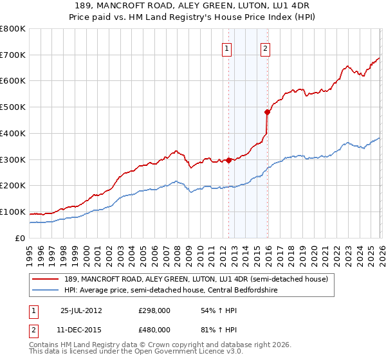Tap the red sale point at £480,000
(x=267, y=112)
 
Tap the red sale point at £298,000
(x=228, y=160)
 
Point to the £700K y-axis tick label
(x=13, y=55)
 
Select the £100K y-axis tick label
(x=13, y=212)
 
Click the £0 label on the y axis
(x=19, y=239)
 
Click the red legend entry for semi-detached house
(x=196, y=279)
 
